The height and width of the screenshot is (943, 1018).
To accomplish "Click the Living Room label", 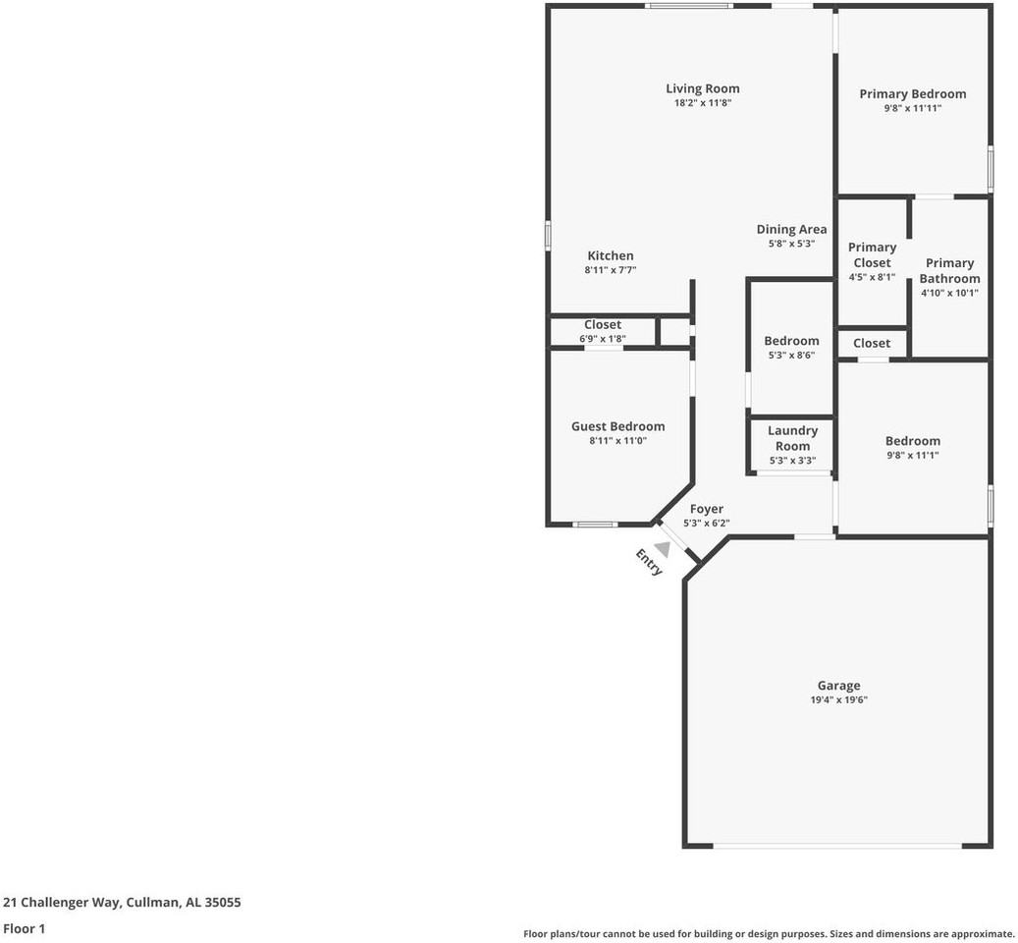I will tap(702, 88).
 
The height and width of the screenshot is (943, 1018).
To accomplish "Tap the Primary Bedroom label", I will tap(912, 94).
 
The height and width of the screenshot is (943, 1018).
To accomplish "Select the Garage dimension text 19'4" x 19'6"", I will tap(838, 700).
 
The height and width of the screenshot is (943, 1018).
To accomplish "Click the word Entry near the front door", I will tap(649, 563).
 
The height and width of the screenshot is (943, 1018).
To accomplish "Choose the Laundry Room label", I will tap(792, 438).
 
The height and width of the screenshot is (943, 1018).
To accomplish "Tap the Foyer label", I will tap(706, 509).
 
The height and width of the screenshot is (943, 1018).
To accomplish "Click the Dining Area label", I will tap(791, 229).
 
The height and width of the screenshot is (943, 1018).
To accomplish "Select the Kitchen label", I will tap(611, 255).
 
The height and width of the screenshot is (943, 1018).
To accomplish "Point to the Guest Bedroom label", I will tap(617, 426).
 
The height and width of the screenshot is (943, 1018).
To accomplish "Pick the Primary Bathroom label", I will tap(949, 270).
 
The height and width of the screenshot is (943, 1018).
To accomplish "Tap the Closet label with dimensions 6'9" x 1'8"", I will tap(603, 324).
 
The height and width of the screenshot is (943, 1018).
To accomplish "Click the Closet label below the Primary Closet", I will tap(872, 343).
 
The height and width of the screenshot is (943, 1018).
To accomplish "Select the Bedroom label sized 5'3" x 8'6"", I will tap(791, 341).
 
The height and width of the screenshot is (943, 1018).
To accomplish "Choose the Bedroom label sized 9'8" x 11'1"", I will tap(912, 441).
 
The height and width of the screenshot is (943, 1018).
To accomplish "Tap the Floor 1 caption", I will tap(24, 928).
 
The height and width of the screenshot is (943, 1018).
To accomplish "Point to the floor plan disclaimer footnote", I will tap(769, 934).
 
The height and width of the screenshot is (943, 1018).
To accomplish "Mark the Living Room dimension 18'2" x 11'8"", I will tap(702, 103).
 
